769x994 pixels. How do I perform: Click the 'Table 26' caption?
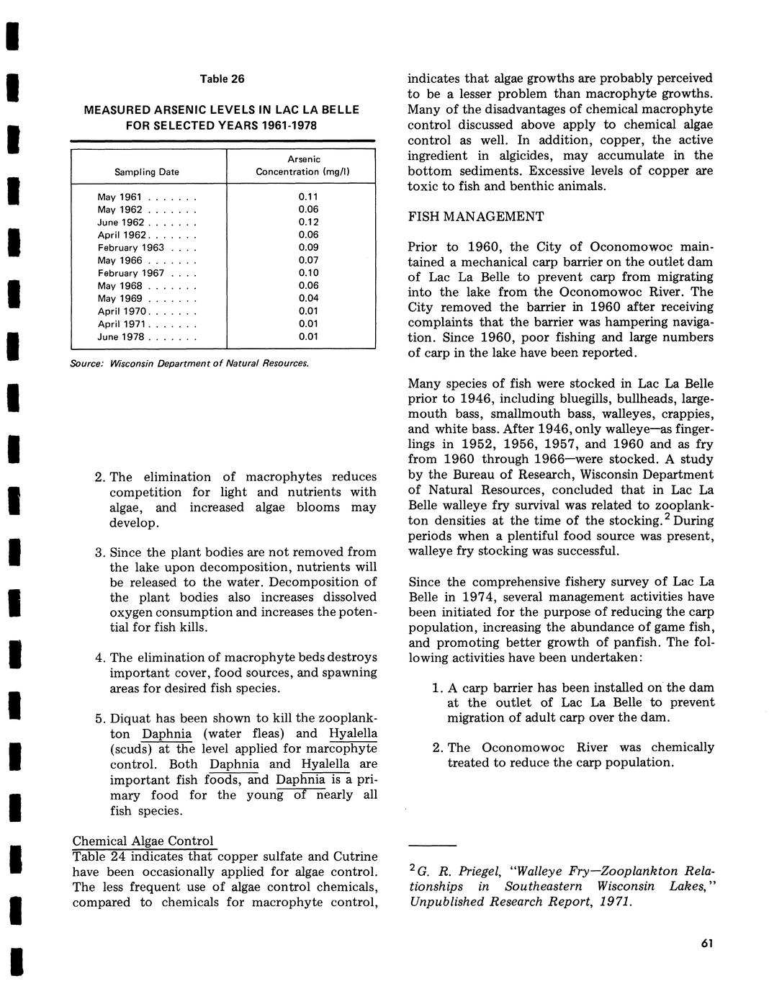(x=222, y=79)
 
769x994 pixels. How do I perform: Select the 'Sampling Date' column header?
(x=146, y=172)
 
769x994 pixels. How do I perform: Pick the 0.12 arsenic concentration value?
(x=307, y=222)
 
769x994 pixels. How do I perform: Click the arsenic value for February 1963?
(x=307, y=247)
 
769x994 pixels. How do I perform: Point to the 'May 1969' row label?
(x=120, y=298)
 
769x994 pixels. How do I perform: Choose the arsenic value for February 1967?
(x=307, y=273)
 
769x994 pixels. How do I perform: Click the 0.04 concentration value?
(x=307, y=298)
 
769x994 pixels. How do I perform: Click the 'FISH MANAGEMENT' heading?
(x=476, y=217)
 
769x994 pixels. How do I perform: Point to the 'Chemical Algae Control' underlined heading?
(x=143, y=841)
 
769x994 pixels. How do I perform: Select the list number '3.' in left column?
(x=100, y=552)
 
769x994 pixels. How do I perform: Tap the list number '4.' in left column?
(x=100, y=658)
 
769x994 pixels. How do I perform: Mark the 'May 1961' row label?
(x=120, y=197)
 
